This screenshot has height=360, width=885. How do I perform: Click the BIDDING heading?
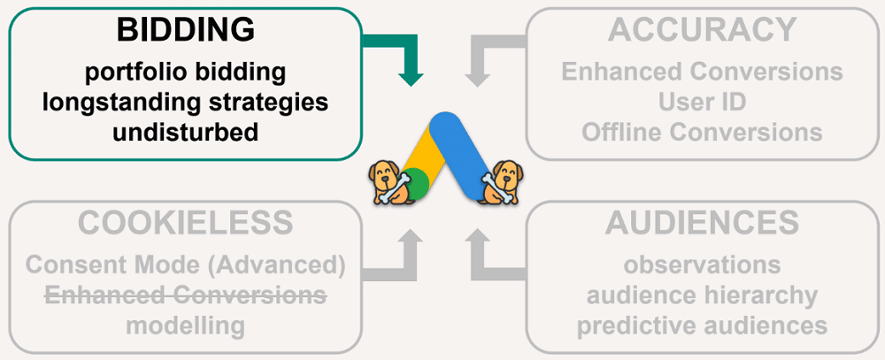coord(186,31)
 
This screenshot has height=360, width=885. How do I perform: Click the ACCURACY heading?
coord(702,29)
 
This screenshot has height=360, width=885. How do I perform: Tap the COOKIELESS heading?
coord(185,223)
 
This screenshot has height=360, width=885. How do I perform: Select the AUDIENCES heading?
coord(702,223)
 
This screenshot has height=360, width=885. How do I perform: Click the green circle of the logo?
coord(414,184)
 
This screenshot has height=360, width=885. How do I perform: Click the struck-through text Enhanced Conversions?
coord(185,296)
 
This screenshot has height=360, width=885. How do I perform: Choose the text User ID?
coord(702,102)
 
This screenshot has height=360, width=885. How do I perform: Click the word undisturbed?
coord(185,133)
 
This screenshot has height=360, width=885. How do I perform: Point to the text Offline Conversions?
coord(702,133)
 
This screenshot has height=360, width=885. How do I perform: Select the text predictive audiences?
coord(702,325)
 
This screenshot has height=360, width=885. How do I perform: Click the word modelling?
coord(185,325)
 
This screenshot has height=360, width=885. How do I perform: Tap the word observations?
coord(702,264)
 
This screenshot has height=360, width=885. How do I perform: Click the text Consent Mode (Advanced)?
coord(185,264)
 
